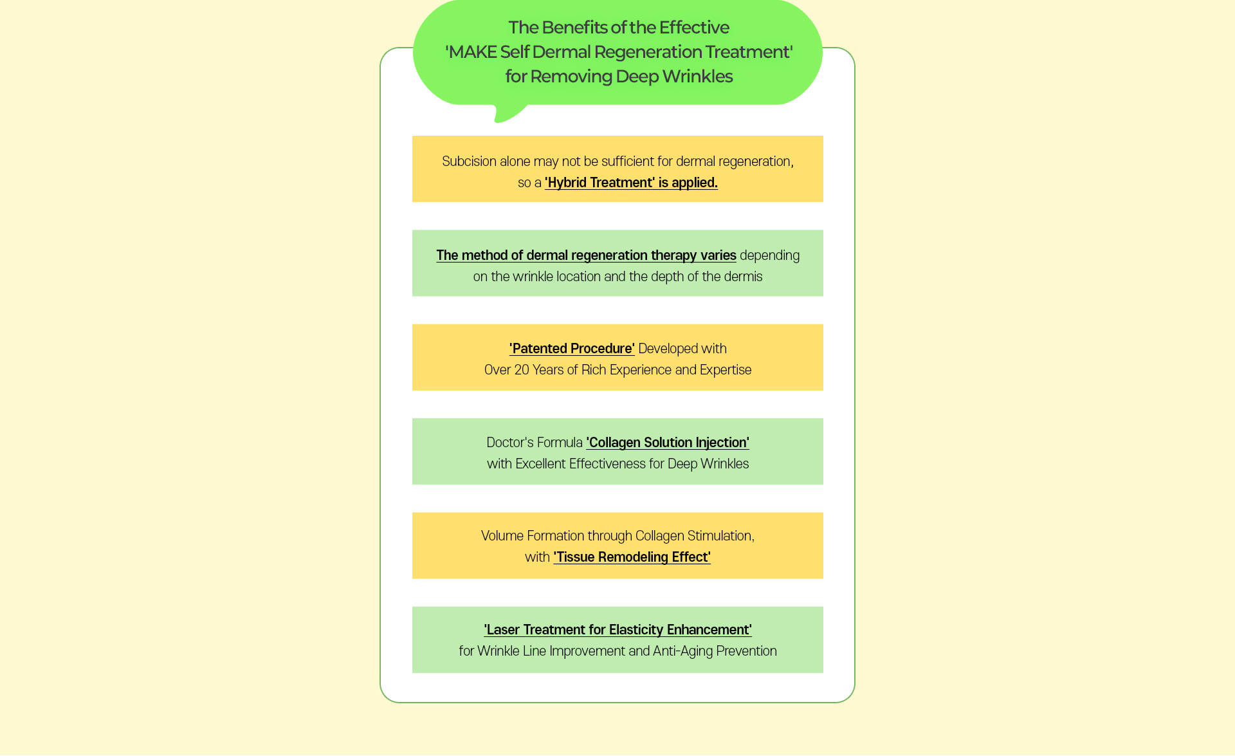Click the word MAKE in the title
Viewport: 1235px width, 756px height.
[x=472, y=52]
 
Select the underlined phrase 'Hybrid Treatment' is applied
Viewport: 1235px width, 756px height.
[x=631, y=183]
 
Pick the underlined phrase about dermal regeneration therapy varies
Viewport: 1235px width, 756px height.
[x=586, y=255]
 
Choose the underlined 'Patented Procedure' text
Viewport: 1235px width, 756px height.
[x=572, y=349]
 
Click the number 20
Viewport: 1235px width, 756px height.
[x=522, y=370]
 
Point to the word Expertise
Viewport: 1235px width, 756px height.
[x=726, y=370]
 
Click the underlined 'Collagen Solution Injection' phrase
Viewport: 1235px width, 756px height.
[x=668, y=443]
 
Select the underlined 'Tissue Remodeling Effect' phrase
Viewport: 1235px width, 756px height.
[x=632, y=557]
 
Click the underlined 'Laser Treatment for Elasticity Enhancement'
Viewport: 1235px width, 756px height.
[x=618, y=630]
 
